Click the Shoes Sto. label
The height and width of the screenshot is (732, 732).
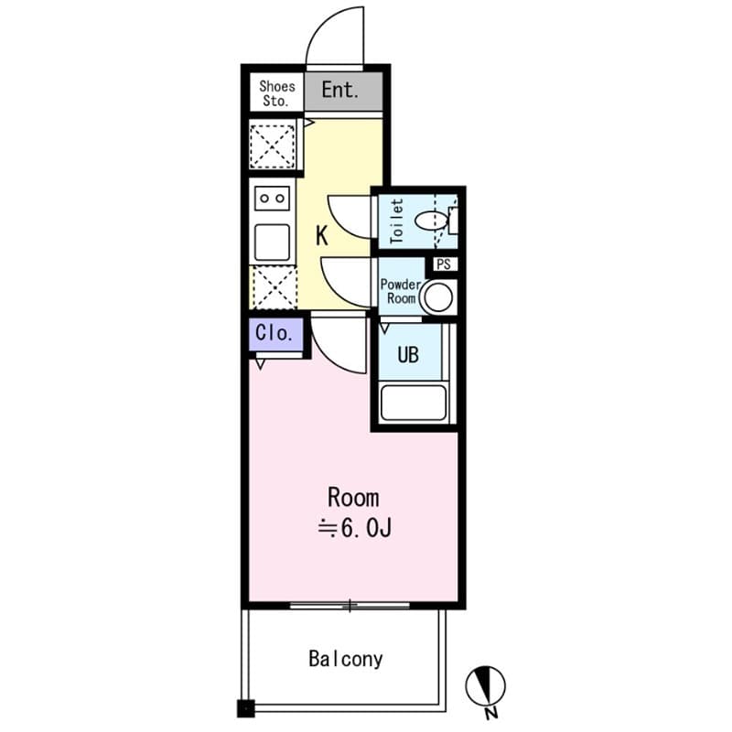pos(277,93)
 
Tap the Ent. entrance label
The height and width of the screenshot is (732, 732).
pos(339,91)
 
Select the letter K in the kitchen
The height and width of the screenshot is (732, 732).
pos(322,236)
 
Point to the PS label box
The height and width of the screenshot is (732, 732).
pos(445,264)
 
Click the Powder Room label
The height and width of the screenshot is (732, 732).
pos(400,292)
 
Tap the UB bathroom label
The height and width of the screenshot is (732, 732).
pos(407,354)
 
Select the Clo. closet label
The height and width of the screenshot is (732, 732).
pos(274,334)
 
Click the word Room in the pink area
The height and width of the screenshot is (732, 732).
pos(353,498)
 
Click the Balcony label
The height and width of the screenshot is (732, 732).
pos(345,659)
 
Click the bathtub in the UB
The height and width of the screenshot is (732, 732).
pos(413,403)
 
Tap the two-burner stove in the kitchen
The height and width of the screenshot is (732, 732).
pos(273,198)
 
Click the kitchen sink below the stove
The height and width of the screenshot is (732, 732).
pos(273,242)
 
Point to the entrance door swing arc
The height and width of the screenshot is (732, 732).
pos(335,43)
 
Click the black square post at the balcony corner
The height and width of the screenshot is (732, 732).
pos(244,707)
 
